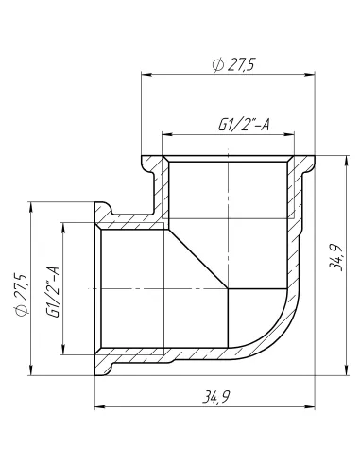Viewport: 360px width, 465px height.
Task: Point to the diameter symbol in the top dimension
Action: point(218,63)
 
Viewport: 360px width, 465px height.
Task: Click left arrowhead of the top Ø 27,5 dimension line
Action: point(146,72)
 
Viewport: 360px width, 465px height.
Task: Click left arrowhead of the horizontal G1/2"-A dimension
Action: point(168,132)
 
